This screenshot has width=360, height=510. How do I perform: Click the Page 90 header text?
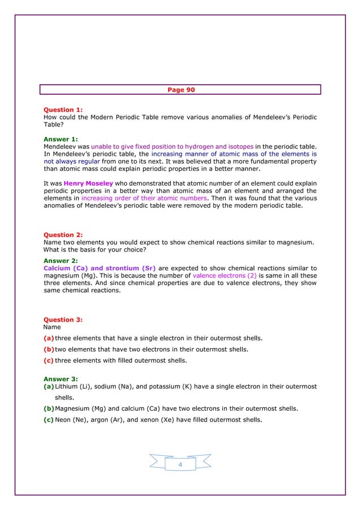181,90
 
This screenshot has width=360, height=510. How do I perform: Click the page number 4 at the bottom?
180,464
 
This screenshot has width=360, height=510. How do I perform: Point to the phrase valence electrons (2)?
225,276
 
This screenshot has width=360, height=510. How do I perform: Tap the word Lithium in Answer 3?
68,386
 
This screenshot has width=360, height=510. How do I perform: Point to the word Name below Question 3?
52,327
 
